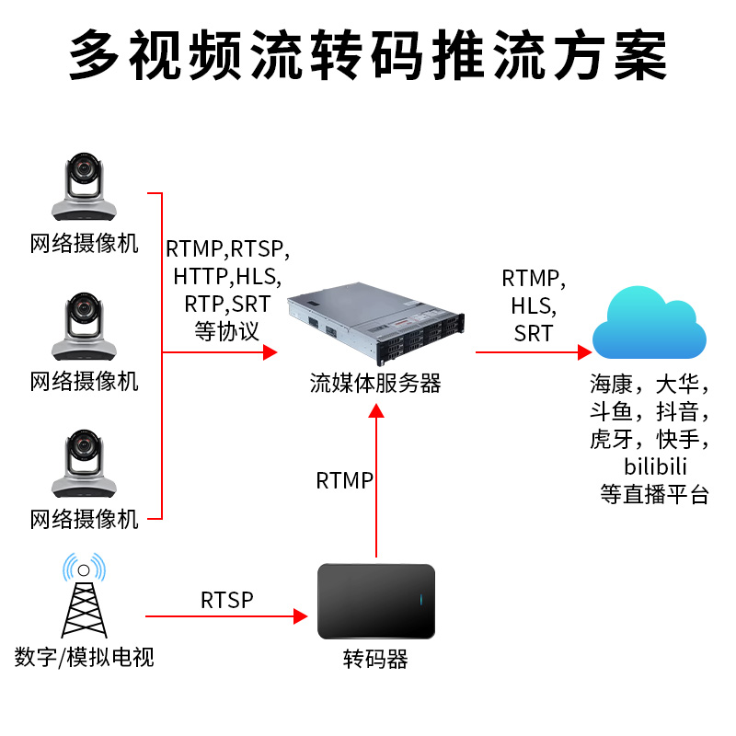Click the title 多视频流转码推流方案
(x=368, y=57)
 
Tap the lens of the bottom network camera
(x=85, y=451)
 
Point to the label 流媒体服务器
(x=375, y=384)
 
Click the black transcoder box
(x=375, y=602)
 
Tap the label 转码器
(x=375, y=659)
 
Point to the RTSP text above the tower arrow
(x=226, y=601)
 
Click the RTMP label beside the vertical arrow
(x=344, y=480)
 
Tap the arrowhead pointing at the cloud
(x=584, y=351)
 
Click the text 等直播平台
(x=655, y=494)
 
